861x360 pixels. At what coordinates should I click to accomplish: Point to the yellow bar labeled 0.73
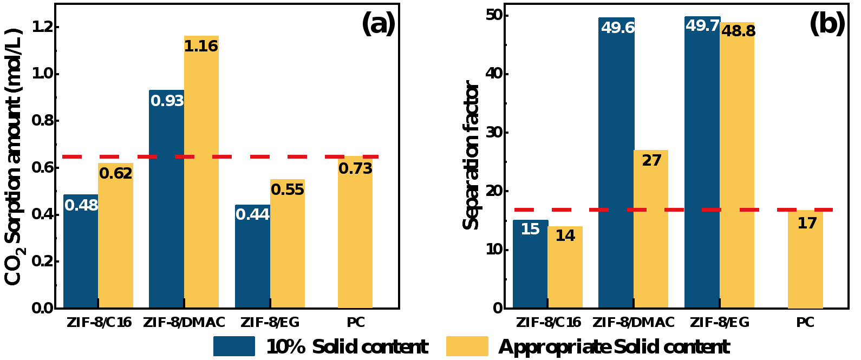pyautogui.click(x=355, y=238)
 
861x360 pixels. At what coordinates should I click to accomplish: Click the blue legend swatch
pyautogui.click(x=234, y=346)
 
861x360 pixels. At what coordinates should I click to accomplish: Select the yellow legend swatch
pyautogui.click(x=467, y=346)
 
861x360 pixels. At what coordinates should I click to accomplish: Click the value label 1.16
pyautogui.click(x=201, y=47)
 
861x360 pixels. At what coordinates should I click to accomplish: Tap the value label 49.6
pyautogui.click(x=618, y=28)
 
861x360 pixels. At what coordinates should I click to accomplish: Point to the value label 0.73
pyautogui.click(x=355, y=169)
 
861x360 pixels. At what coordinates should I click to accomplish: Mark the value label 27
pyautogui.click(x=651, y=161)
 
